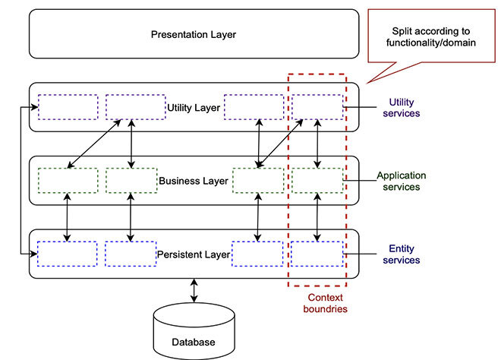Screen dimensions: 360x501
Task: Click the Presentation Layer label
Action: pyautogui.click(x=193, y=34)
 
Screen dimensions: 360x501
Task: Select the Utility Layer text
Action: pyautogui.click(x=193, y=108)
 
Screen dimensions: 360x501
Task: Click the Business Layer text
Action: pyautogui.click(x=193, y=181)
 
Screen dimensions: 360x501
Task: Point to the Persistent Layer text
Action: pyautogui.click(x=193, y=254)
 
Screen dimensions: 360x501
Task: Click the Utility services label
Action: pyautogui.click(x=405, y=108)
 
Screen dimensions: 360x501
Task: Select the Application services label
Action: pyautogui.click(x=402, y=181)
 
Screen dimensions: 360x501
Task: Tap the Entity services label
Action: pyautogui.click(x=405, y=254)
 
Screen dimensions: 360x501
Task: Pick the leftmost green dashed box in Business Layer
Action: pyautogui.click(x=68, y=181)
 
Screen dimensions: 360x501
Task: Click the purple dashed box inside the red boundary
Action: pyautogui.click(x=317, y=107)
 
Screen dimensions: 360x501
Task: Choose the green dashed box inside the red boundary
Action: pyautogui.click(x=317, y=181)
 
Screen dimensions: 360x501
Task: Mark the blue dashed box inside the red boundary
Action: pyautogui.click(x=317, y=254)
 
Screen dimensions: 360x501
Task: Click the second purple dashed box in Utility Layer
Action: pyautogui.click(x=135, y=107)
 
